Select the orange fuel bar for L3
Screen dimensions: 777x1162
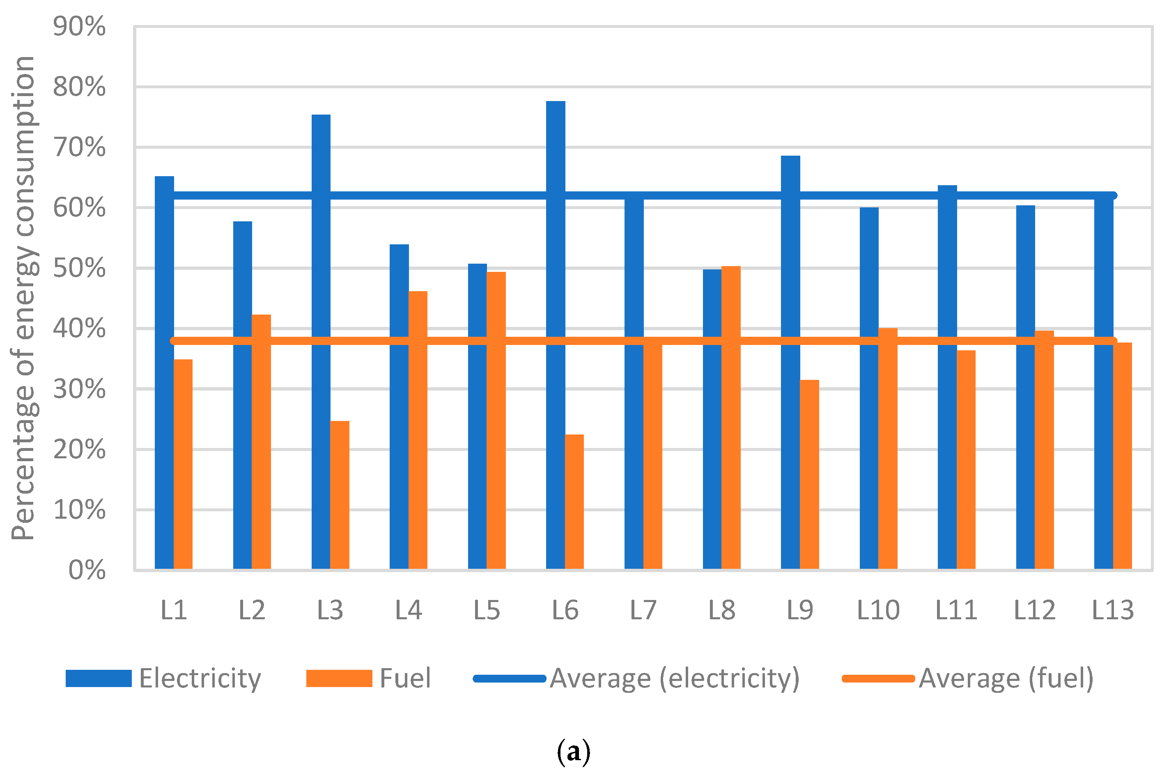(x=340, y=496)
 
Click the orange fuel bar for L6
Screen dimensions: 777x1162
(x=574, y=503)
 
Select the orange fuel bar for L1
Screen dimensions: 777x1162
(x=183, y=466)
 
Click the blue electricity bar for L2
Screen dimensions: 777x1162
(x=242, y=396)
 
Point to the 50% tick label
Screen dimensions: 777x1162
(x=79, y=269)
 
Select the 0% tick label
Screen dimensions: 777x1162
(x=87, y=570)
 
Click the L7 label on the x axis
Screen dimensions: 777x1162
(x=643, y=611)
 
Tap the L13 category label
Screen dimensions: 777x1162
(x=1113, y=611)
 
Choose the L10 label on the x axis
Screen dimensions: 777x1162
(x=878, y=611)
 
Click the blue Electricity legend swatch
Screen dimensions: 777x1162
(x=99, y=678)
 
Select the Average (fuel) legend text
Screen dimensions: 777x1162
(x=1006, y=678)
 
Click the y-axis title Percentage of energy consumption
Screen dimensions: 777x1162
(x=23, y=297)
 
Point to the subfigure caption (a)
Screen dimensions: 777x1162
(x=574, y=752)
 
